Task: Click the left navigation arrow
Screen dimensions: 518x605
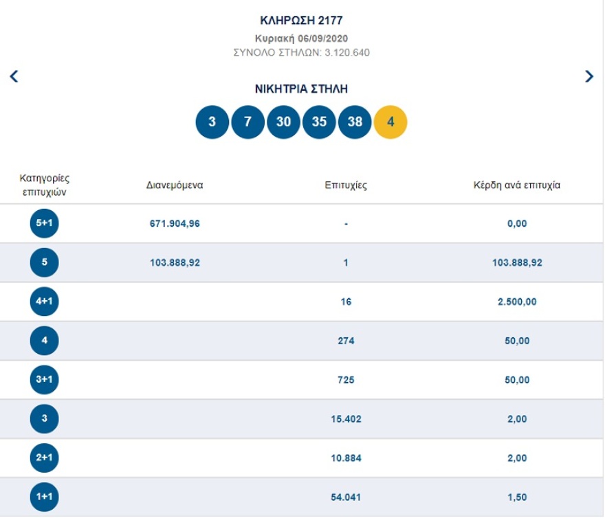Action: click(x=14, y=76)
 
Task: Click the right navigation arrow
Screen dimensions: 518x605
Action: click(x=589, y=76)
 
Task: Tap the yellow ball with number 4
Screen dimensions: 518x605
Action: click(x=390, y=122)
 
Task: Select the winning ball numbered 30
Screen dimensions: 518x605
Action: click(x=283, y=122)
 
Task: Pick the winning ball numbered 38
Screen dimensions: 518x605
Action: click(x=355, y=122)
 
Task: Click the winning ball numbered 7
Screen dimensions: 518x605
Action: click(x=247, y=122)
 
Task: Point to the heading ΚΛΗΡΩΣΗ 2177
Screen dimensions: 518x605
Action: click(x=302, y=20)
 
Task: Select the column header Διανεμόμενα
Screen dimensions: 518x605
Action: click(x=175, y=185)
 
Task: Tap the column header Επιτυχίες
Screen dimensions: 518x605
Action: click(x=346, y=185)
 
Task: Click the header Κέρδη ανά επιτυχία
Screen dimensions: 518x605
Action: click(x=516, y=185)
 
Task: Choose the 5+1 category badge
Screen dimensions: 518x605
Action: click(x=45, y=223)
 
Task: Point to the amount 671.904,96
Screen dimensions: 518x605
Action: click(x=175, y=223)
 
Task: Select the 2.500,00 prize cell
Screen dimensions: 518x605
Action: click(x=517, y=302)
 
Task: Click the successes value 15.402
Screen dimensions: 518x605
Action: click(x=346, y=419)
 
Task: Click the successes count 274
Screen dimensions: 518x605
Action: click(x=346, y=341)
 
